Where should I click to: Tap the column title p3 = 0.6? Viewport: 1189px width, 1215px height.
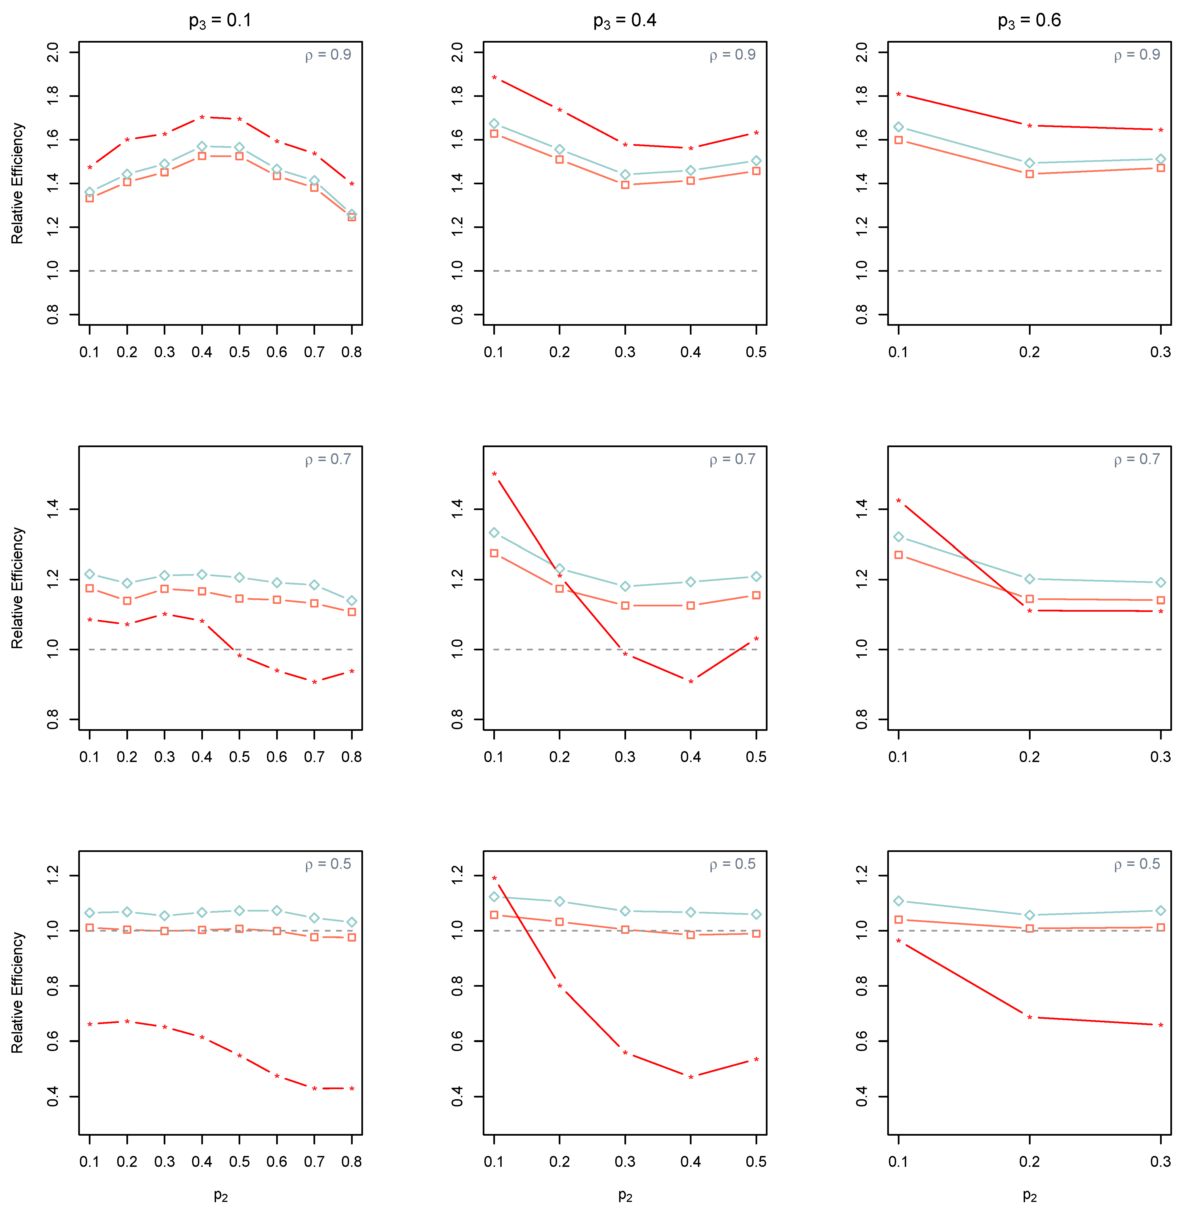[x=1029, y=21]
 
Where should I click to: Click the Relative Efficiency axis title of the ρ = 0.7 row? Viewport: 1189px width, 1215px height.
[x=18, y=588]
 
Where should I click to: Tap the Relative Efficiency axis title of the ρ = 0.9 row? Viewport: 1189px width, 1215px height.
[x=18, y=183]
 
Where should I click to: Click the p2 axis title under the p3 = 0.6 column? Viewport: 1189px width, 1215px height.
[x=1029, y=1195]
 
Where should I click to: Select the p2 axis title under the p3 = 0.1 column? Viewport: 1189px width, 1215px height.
[x=220, y=1195]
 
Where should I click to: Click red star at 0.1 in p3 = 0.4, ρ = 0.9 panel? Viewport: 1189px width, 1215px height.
[x=494, y=78]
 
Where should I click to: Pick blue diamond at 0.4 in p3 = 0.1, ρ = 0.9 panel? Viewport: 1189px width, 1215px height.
[x=202, y=146]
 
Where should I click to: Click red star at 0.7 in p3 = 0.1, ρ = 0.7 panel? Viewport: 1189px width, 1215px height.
[x=314, y=682]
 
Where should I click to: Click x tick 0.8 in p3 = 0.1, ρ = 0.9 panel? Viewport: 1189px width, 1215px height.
[x=352, y=352]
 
